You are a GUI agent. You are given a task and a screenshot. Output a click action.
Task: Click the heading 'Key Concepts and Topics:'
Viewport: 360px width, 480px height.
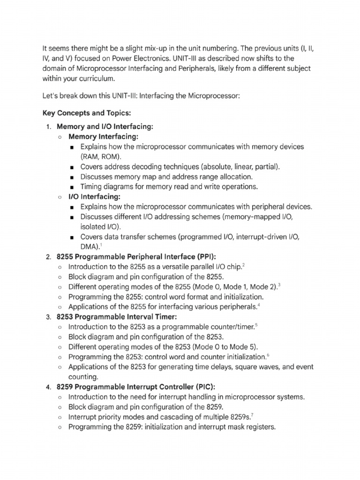pos(88,113)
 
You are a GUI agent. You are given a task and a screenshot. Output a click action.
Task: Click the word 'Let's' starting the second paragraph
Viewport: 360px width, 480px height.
pos(51,96)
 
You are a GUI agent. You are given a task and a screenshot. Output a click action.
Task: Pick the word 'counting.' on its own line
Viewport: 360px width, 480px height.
pos(84,377)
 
